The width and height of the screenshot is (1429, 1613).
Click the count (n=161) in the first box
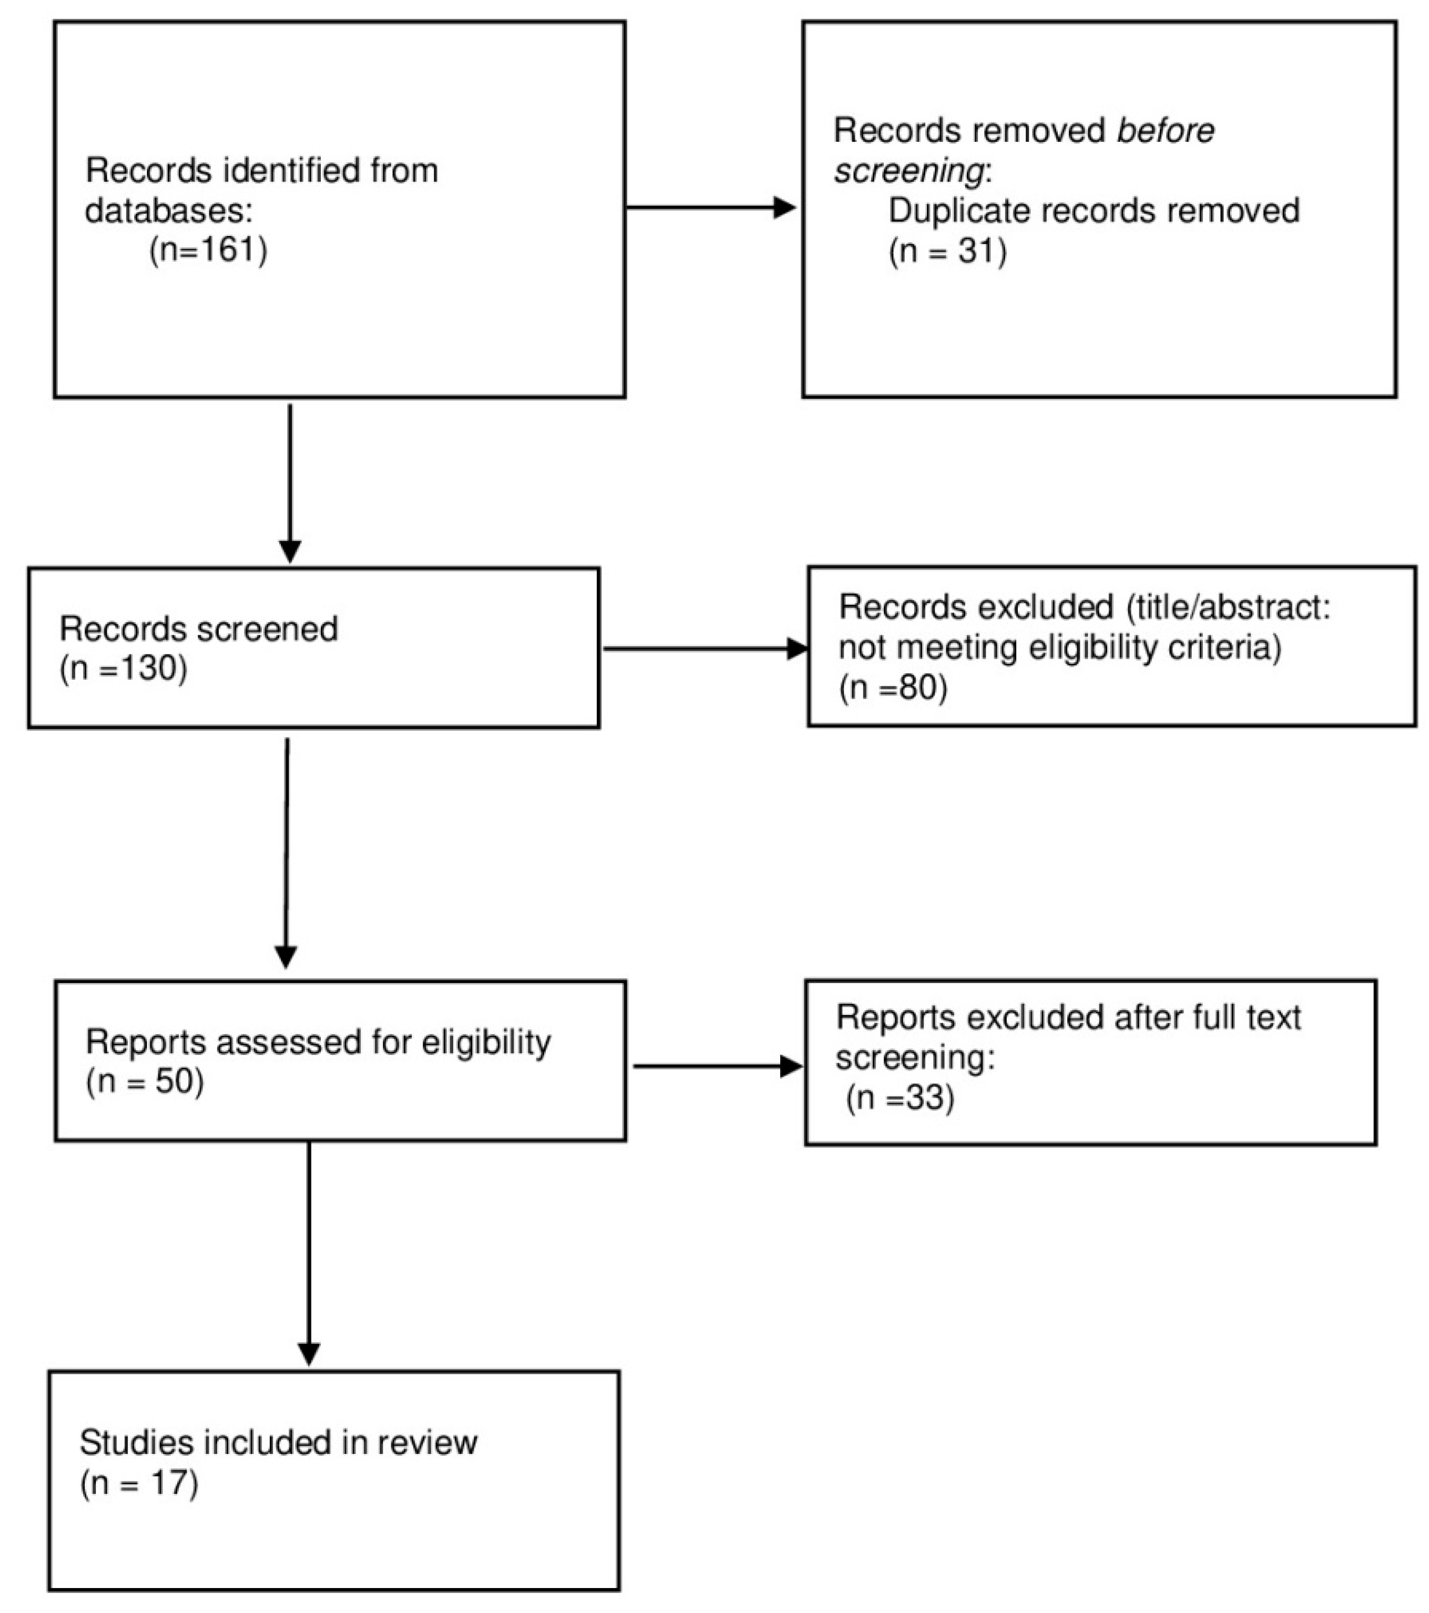pos(208,250)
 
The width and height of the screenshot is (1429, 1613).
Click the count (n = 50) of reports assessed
pos(145,1081)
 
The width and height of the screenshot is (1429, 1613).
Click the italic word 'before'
pos(1165,131)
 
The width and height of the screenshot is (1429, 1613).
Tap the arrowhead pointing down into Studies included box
pos(309,1354)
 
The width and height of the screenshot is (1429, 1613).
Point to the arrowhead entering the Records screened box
pos(290,551)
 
